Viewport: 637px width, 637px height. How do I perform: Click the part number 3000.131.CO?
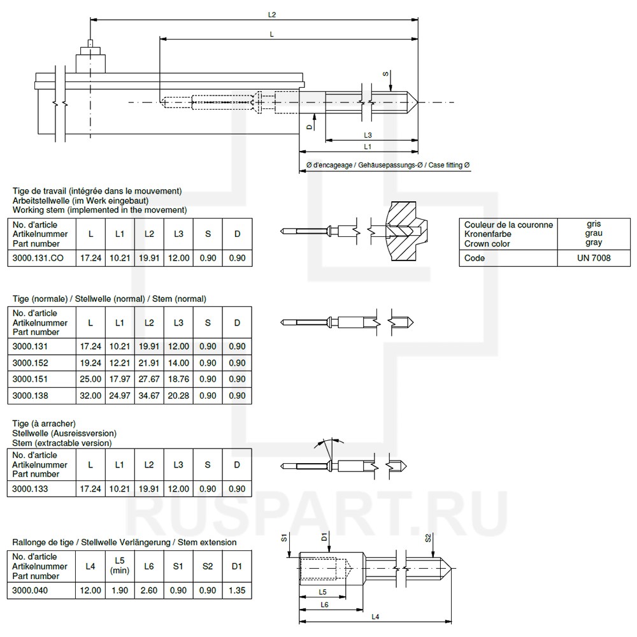click(38, 258)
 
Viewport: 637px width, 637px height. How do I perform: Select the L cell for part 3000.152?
click(90, 363)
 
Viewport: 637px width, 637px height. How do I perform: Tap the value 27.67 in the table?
click(149, 379)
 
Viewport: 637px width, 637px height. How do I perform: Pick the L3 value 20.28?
click(178, 396)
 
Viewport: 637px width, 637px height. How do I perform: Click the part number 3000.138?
click(30, 396)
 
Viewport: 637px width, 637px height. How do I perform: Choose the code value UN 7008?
click(594, 258)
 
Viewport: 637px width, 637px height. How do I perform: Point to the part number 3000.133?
click(30, 489)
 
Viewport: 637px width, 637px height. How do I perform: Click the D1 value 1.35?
click(237, 590)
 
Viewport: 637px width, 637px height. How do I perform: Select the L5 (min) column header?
click(120, 566)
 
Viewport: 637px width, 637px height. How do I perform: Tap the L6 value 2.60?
click(148, 590)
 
